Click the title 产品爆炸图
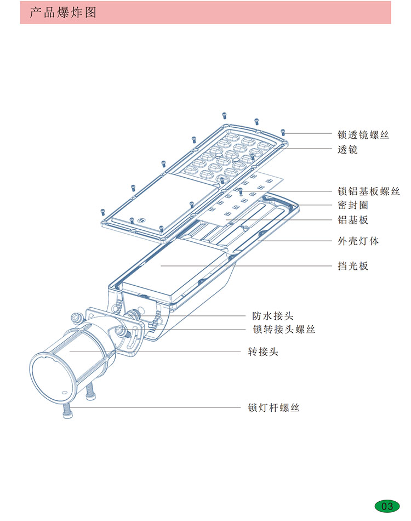click(x=62, y=13)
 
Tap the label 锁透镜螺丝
click(x=363, y=134)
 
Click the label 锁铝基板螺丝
click(x=368, y=191)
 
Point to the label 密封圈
click(x=352, y=205)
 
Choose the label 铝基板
click(x=352, y=220)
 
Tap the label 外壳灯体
click(x=358, y=241)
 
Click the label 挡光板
click(x=352, y=267)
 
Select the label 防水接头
click(x=272, y=316)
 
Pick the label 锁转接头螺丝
click(x=283, y=329)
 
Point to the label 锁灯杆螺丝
click(x=273, y=408)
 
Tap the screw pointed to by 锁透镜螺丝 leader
click(x=283, y=132)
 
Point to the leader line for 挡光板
click(x=247, y=266)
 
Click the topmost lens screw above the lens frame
click(x=224, y=115)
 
